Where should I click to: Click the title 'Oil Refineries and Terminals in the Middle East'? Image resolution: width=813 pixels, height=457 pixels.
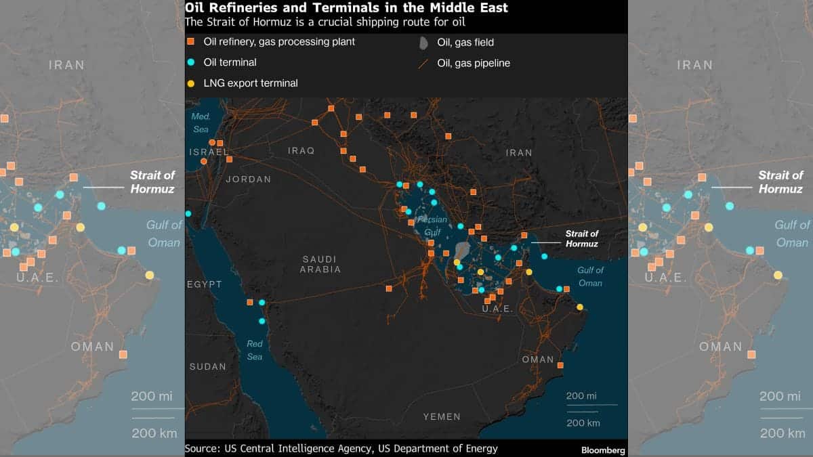pos(346,8)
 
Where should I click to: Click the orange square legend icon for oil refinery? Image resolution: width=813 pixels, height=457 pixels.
pos(191,42)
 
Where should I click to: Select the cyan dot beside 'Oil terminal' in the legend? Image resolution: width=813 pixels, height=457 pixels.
pos(191,62)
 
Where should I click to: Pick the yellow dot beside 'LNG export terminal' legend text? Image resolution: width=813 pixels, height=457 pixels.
pos(191,83)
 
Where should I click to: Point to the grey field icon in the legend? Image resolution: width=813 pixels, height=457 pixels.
pos(423,43)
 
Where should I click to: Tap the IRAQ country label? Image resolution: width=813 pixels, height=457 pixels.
pos(301,150)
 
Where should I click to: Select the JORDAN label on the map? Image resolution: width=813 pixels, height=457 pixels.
pos(248,179)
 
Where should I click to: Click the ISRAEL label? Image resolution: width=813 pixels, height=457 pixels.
pos(209,152)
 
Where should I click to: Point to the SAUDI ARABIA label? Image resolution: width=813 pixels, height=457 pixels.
pos(321,264)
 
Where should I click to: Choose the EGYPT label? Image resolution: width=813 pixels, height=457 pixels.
pos(205,284)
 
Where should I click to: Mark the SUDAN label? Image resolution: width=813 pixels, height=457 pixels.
pos(207,366)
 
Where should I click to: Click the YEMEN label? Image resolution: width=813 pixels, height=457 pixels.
pos(441,416)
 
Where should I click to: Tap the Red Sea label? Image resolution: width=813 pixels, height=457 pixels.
pos(255,350)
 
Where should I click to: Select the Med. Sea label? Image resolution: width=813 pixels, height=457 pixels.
pos(201,123)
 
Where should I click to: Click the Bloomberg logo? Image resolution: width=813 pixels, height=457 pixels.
pos(603,450)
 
